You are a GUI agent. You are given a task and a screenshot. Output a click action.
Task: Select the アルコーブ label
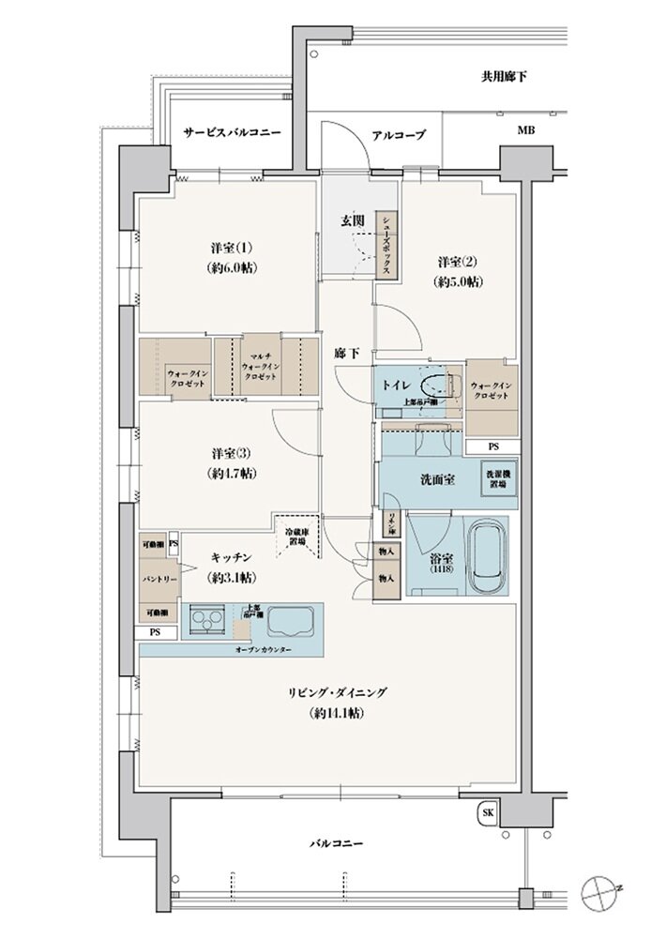[399, 135]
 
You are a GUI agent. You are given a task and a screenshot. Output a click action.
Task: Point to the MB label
[524, 130]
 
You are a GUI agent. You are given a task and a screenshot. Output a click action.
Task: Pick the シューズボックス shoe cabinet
[386, 244]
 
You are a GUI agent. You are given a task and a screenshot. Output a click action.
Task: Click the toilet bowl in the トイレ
[434, 386]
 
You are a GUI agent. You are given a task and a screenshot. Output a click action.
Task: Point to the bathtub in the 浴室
[486, 557]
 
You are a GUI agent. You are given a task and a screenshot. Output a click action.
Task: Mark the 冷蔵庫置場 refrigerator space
[299, 536]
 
